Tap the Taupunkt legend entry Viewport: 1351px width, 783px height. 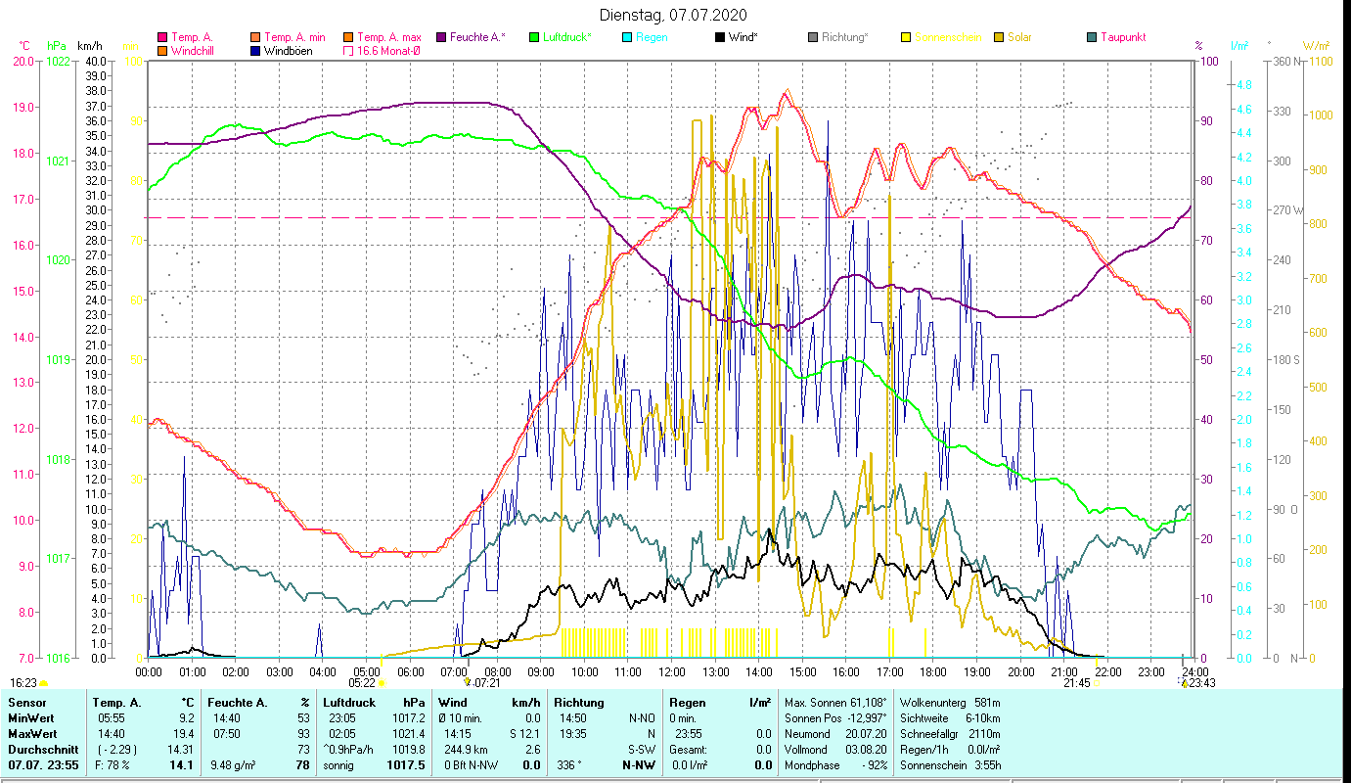pos(1122,37)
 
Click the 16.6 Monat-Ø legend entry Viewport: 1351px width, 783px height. pos(388,51)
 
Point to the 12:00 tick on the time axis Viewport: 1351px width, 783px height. pos(672,671)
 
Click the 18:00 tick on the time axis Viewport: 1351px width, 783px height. pos(933,671)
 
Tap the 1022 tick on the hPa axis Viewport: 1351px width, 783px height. pos(58,61)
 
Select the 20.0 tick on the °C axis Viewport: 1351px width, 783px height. pos(23,61)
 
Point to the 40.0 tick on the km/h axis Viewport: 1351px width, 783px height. pos(96,61)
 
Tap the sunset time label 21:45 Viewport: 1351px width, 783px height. pos(1077,683)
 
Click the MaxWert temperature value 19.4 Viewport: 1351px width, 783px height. pos(182,733)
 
